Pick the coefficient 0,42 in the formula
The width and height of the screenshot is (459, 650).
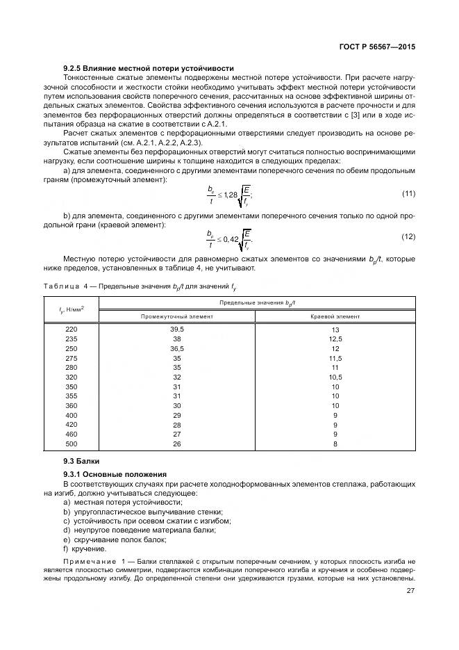coord(230,238)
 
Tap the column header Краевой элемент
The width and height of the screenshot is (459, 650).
coord(335,316)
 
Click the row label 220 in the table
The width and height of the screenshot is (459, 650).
coord(72,329)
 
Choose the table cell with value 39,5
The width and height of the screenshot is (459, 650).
coord(176,329)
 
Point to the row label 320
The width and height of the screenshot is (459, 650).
coord(72,376)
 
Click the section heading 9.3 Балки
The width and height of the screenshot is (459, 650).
coord(81,461)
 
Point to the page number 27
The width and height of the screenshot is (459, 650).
coord(410,592)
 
